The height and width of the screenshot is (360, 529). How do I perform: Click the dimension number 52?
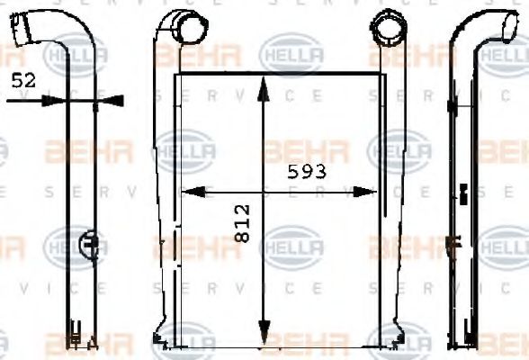point(24,81)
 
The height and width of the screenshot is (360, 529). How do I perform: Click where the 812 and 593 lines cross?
point(264,191)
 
